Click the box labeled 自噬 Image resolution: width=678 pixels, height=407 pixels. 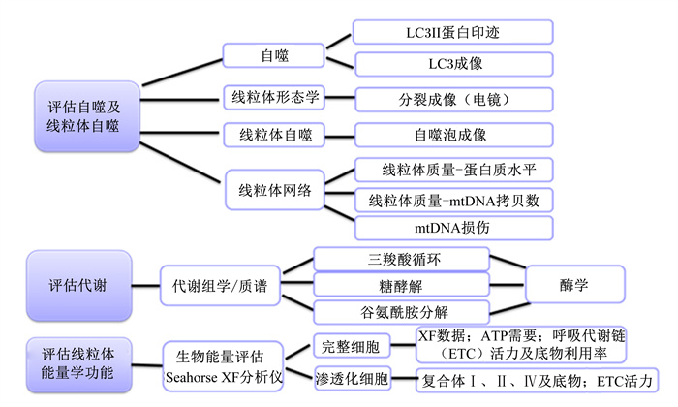pyautogui.click(x=274, y=55)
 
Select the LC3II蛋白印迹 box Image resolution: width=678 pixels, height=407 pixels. pyautogui.click(x=452, y=32)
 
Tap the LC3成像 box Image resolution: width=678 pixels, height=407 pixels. pyautogui.click(x=454, y=64)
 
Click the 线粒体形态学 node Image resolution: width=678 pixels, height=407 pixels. pyautogui.click(x=274, y=97)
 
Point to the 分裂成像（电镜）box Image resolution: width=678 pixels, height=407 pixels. pyautogui.click(x=454, y=100)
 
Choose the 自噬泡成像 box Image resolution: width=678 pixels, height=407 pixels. pyautogui.click(x=454, y=135)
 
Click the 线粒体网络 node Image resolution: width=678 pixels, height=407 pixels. pyautogui.click(x=274, y=190)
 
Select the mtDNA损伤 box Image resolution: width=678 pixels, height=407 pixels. pyautogui.click(x=454, y=228)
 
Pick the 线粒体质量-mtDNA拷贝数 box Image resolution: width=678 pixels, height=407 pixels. pyautogui.click(x=454, y=201)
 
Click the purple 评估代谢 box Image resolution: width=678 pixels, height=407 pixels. pyautogui.click(x=79, y=286)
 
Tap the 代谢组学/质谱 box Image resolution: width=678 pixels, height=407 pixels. pyautogui.click(x=220, y=286)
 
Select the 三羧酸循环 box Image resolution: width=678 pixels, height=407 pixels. pyautogui.click(x=402, y=259)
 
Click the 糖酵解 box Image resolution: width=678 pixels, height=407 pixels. pyautogui.click(x=402, y=285)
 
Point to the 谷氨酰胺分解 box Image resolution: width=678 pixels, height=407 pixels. pyautogui.click(x=402, y=312)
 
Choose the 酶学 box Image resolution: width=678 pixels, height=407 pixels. pyautogui.click(x=575, y=284)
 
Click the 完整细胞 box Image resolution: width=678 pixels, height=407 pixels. pyautogui.click(x=352, y=346)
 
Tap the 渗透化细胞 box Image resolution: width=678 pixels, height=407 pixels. pyautogui.click(x=352, y=379)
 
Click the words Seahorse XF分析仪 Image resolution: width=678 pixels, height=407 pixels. pyautogui.click(x=224, y=378)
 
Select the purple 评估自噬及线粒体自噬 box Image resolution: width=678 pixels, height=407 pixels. pyautogui.click(x=87, y=116)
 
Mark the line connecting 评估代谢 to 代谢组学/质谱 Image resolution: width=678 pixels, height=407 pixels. pyautogui.click(x=145, y=286)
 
